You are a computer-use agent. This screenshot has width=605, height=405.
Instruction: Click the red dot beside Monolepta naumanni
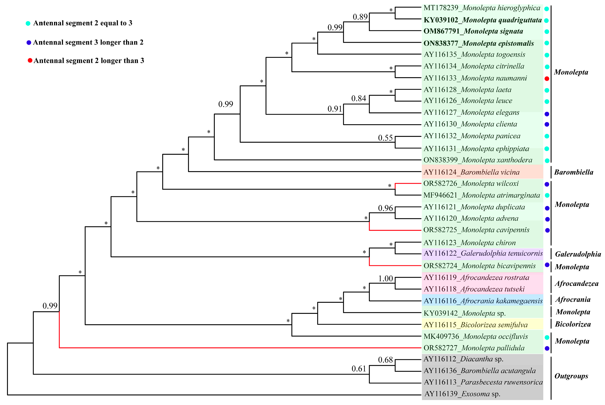[547, 79]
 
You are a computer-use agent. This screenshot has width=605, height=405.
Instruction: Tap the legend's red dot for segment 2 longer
[30, 61]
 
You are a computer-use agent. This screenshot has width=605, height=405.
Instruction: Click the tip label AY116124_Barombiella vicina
[471, 172]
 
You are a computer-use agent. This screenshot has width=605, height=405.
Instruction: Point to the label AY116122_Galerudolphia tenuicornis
[483, 253]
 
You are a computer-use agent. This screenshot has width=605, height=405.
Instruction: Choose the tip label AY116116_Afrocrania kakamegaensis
[483, 301]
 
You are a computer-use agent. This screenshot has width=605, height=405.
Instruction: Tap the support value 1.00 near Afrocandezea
[385, 278]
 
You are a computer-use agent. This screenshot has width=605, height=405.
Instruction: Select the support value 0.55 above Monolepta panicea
[385, 138]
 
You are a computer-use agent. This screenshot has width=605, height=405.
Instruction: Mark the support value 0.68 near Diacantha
[385, 360]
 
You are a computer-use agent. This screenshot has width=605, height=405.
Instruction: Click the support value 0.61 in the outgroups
[359, 369]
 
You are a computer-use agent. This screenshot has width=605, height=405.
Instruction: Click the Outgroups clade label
[571, 376]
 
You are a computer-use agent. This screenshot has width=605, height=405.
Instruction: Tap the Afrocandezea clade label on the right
[577, 284]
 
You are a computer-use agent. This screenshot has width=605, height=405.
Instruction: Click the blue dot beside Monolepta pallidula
[547, 349]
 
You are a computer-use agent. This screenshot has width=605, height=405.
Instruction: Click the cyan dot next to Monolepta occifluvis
[547, 337]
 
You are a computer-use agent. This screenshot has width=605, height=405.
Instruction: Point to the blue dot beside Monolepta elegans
[547, 114]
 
